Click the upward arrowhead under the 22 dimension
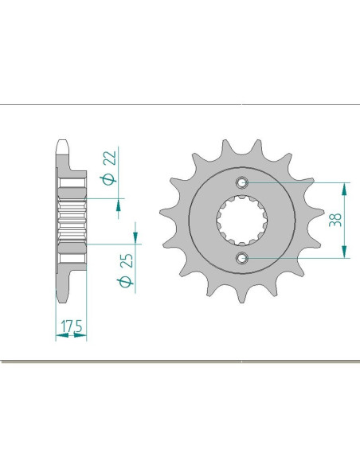[119, 208]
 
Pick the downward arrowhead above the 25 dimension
[135, 236]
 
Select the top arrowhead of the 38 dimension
[344, 188]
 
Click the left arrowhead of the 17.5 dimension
[59, 336]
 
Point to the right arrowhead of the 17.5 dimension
[82, 336]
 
